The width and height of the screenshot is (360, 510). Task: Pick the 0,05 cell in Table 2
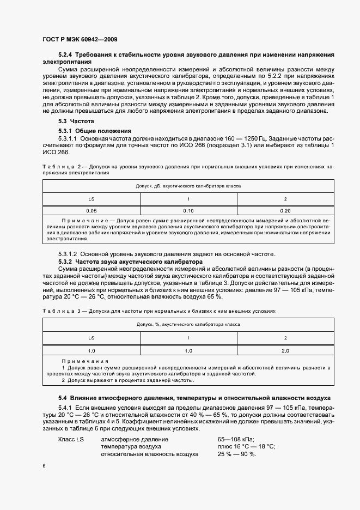pos(91,210)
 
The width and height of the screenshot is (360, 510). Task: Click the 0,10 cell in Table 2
pos(188,210)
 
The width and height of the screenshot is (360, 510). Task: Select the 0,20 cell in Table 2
pos(285,210)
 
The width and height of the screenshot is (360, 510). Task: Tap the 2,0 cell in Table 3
pos(285,350)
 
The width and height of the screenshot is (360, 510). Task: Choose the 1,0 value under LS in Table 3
pos(91,350)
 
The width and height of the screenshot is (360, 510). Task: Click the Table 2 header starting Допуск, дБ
pos(188,186)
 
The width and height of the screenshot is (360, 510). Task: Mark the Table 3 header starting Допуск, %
pos(188,324)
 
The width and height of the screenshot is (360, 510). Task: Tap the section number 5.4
pos(62,398)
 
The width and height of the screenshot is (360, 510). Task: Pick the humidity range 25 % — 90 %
pos(236,454)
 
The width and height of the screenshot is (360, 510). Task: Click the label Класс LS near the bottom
pos(71,439)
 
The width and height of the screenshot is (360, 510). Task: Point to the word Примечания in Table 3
pos(85,361)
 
